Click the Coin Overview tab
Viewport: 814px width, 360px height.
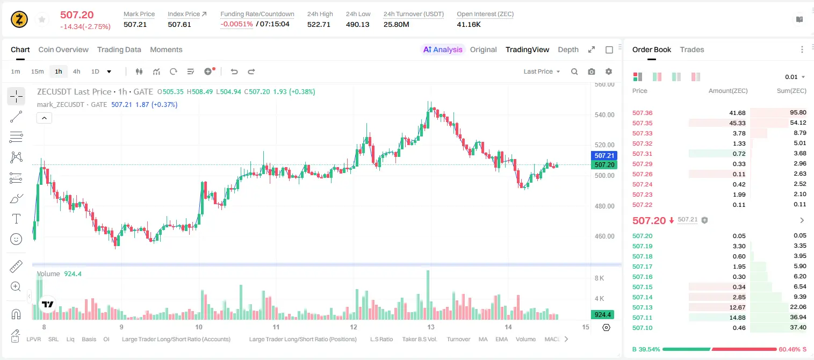coord(63,49)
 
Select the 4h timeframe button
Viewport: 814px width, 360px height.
coord(76,71)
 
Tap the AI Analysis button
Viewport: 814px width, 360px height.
coord(443,49)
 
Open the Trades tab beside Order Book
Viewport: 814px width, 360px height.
coord(692,49)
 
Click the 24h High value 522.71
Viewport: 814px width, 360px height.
coord(319,24)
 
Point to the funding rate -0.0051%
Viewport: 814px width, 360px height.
coord(236,24)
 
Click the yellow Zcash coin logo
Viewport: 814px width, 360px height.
coord(19,19)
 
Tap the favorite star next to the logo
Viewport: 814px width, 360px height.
coord(42,19)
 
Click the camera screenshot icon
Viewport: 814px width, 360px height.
coord(592,71)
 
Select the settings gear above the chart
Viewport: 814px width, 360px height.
coord(609,71)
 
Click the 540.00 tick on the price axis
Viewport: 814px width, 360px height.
coord(604,115)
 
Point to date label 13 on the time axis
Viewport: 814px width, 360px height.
coord(430,327)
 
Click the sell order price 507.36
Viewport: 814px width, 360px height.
coord(642,113)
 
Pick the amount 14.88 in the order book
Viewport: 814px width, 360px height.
coord(737,318)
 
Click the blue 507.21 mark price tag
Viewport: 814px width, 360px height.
coord(604,155)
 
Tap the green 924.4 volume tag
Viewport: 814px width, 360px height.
coord(602,314)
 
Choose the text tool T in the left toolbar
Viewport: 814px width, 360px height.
coord(16,219)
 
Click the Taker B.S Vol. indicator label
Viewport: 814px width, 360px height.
coord(419,339)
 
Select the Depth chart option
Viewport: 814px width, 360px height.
coord(568,49)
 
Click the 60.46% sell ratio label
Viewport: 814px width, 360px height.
coord(789,349)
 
